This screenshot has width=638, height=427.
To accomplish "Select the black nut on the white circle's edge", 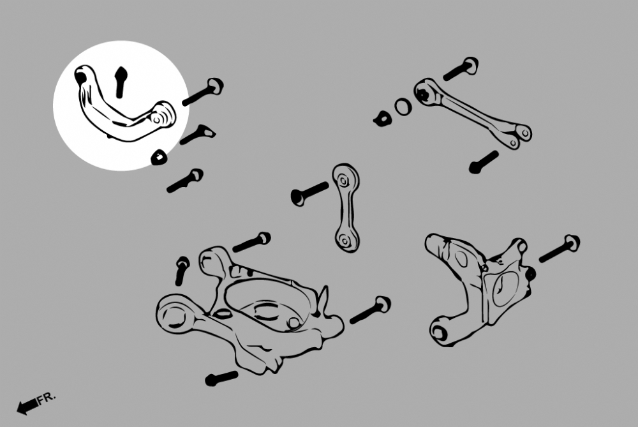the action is pos(159,158).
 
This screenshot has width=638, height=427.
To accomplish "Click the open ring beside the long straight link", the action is pos(403,107).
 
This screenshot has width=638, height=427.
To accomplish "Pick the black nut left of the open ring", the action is pos(382,119).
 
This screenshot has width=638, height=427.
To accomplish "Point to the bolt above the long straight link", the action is pos(461,69).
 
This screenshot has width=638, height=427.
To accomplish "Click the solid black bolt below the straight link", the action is pos(484,162).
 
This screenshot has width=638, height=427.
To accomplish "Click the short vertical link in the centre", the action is pos(346,207).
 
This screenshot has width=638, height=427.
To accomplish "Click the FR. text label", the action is pos(47,398).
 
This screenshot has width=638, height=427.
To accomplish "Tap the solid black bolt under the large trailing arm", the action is pos(221,378).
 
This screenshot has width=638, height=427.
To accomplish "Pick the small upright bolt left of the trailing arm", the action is pos(181,270).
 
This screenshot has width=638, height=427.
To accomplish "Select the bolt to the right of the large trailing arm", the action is pos(370,310).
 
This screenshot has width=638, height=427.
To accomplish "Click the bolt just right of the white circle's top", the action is pos(203,93).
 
